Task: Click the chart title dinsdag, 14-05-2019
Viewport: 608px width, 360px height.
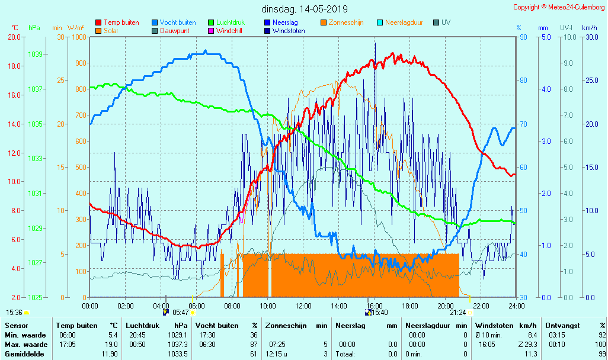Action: click(305, 9)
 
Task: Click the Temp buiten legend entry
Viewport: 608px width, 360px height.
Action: click(121, 22)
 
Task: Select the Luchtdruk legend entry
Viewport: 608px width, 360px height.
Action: click(230, 22)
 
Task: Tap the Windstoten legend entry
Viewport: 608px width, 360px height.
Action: click(289, 31)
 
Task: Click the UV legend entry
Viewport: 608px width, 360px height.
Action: click(446, 22)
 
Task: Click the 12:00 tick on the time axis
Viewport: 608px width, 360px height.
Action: click(303, 306)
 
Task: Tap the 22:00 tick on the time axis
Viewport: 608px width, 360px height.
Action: click(481, 306)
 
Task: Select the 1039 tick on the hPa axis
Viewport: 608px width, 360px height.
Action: click(35, 54)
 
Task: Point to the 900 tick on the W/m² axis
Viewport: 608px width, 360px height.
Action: click(79, 63)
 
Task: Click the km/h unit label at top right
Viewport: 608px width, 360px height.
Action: click(589, 28)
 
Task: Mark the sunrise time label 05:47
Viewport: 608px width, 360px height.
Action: click(180, 313)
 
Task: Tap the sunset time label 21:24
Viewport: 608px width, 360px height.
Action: click(457, 313)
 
